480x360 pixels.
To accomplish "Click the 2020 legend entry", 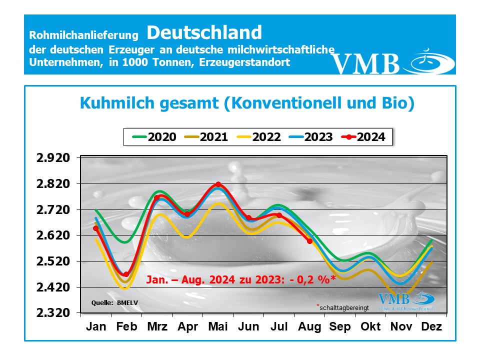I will [x=154, y=137].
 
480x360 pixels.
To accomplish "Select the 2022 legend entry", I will [x=258, y=137].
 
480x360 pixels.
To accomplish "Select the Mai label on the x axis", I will [x=218, y=327].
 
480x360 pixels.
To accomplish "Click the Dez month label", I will [x=431, y=327].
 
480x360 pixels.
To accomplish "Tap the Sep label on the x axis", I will [x=340, y=327].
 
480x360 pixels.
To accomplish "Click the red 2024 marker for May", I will [x=218, y=184].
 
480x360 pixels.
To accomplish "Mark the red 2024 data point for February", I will [x=126, y=274].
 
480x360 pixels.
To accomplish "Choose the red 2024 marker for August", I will [x=309, y=241].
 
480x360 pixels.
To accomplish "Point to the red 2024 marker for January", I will [x=95, y=228].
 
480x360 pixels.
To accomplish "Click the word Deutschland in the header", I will [x=204, y=32].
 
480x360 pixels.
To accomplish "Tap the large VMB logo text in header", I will [x=366, y=63].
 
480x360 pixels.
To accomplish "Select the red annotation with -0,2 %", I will [x=240, y=280].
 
